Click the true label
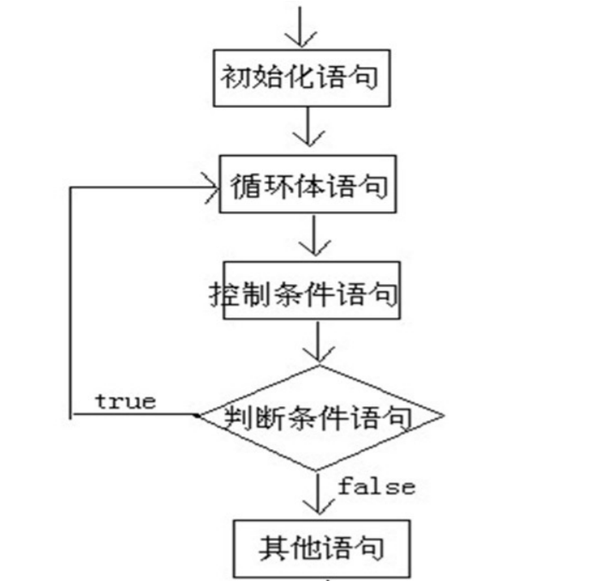coord(125,400)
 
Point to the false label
coord(376,487)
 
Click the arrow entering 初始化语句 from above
coord(302,26)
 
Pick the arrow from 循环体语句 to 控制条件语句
coord(315,235)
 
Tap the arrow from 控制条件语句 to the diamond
coord(318,343)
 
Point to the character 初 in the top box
coord(235,78)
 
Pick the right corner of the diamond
coord(443,418)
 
